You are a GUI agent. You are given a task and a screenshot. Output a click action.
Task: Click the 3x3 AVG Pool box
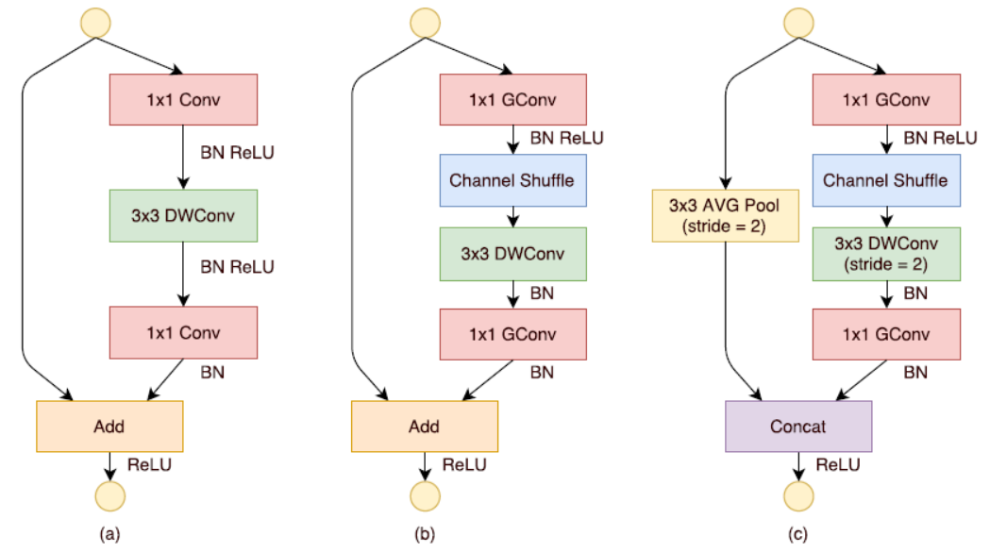pyautogui.click(x=725, y=215)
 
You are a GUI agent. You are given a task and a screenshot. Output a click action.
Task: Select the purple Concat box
pyautogui.click(x=798, y=426)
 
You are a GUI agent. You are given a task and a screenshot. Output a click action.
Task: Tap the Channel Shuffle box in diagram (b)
pyautogui.click(x=513, y=179)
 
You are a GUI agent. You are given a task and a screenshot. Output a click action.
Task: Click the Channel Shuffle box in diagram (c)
pyautogui.click(x=886, y=179)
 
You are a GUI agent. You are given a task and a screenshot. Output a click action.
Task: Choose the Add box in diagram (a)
pyautogui.click(x=109, y=426)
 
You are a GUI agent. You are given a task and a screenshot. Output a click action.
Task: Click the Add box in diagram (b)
pyautogui.click(x=425, y=426)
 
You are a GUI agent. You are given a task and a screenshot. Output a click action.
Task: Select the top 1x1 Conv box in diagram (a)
pyautogui.click(x=184, y=99)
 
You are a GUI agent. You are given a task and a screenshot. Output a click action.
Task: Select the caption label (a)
pyautogui.click(x=109, y=535)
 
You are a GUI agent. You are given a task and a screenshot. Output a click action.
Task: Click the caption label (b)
pyautogui.click(x=425, y=535)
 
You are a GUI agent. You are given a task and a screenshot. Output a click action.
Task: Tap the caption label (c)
pyautogui.click(x=798, y=535)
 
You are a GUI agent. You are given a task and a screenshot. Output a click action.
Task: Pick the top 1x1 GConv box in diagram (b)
pyautogui.click(x=513, y=99)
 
